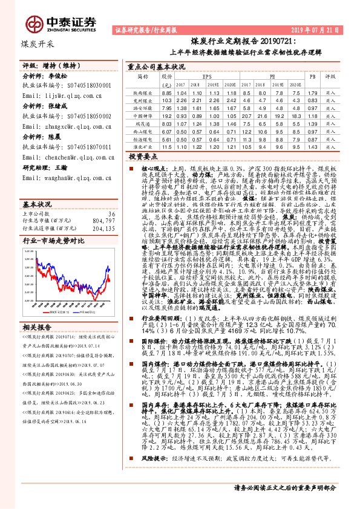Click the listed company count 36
(x=110, y=197)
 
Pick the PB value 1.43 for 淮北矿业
(x=312, y=146)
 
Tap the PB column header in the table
(x=312, y=77)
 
